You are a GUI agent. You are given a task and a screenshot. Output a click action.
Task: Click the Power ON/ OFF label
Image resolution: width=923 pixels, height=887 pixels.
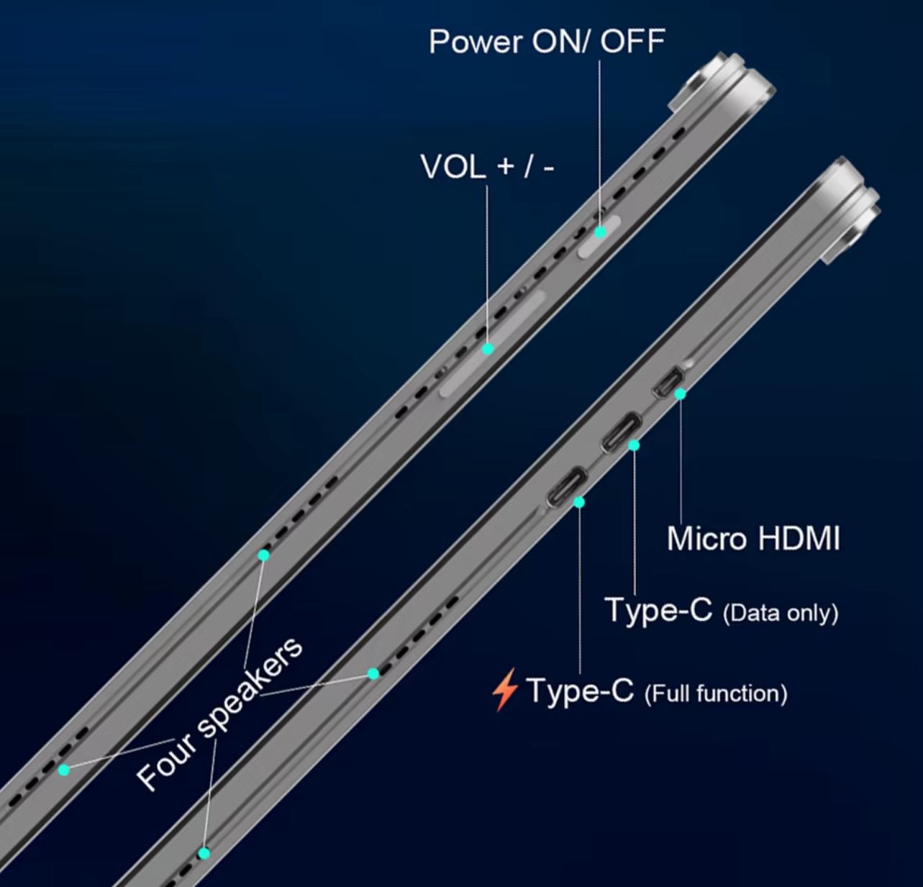(546, 42)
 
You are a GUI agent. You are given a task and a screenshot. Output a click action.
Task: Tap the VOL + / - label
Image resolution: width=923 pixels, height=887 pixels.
(487, 168)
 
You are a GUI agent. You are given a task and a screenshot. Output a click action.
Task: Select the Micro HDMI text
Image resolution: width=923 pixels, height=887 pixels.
(753, 538)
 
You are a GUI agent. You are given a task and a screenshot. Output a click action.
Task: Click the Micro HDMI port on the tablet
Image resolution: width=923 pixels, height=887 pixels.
(666, 382)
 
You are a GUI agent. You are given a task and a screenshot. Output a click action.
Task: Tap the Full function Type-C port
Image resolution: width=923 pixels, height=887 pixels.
(568, 487)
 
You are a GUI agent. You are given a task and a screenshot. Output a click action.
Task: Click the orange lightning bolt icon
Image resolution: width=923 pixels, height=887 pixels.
(505, 689)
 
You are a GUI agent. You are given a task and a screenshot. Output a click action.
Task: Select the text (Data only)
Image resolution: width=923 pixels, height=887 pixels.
(781, 614)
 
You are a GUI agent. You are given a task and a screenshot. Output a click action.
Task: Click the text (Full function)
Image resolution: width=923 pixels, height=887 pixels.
(716, 693)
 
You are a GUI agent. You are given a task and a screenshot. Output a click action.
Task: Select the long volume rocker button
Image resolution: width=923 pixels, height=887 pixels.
(494, 344)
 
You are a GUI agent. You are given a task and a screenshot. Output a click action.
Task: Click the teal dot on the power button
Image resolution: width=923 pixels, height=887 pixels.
(600, 232)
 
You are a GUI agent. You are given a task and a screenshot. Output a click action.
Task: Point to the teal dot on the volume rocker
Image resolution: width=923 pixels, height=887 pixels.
(488, 349)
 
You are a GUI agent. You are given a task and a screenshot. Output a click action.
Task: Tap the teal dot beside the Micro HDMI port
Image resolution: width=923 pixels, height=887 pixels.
(680, 394)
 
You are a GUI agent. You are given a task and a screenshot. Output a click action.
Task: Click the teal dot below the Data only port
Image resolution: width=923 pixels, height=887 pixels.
(634, 445)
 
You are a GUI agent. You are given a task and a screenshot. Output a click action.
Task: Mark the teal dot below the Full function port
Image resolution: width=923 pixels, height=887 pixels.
(579, 502)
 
